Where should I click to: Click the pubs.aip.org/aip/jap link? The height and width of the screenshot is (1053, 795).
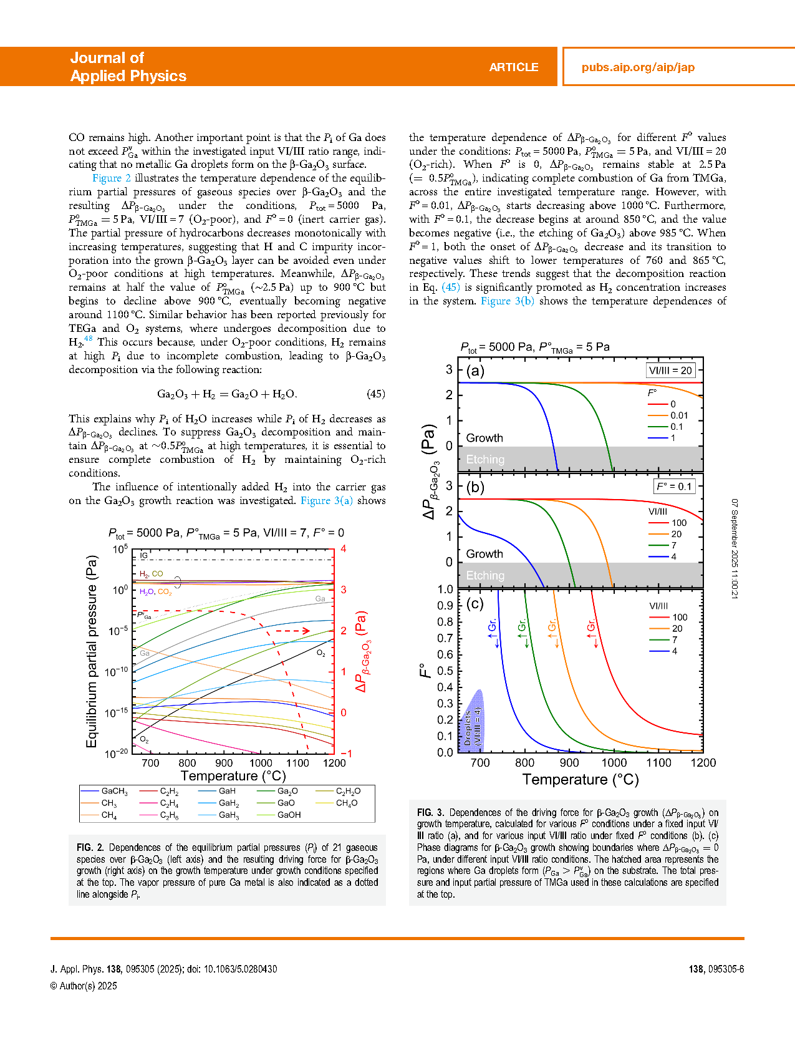pyautogui.click(x=638, y=67)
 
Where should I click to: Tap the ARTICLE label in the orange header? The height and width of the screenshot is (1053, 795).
pyautogui.click(x=514, y=67)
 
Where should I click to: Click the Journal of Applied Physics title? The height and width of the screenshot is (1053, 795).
pyautogui.click(x=128, y=67)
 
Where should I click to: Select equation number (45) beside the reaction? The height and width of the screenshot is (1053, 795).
pyautogui.click(x=375, y=394)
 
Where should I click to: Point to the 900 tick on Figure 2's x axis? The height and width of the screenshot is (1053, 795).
pyautogui.click(x=224, y=763)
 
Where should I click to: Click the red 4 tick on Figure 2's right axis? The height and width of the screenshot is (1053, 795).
pyautogui.click(x=344, y=549)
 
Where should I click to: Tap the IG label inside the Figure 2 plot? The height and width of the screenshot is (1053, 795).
pyautogui.click(x=144, y=555)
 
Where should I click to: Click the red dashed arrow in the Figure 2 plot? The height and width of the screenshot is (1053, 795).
pyautogui.click(x=292, y=631)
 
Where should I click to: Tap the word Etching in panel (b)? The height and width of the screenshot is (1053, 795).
pyautogui.click(x=485, y=575)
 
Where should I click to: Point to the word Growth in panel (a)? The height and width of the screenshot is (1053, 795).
pyautogui.click(x=484, y=438)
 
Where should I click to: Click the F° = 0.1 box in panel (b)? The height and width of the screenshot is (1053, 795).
pyautogui.click(x=674, y=487)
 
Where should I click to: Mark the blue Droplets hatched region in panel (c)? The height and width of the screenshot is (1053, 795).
pyautogui.click(x=472, y=720)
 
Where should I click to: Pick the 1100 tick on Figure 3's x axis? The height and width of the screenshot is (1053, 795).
pyautogui.click(x=658, y=763)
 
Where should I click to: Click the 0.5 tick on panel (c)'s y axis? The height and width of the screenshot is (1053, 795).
pyautogui.click(x=445, y=671)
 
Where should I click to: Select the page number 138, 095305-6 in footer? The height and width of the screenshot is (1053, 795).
pyautogui.click(x=716, y=969)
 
